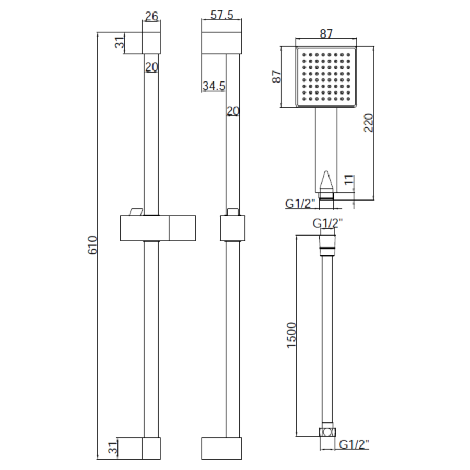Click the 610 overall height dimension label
[93, 245]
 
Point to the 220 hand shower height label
[369, 124]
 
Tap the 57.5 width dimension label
[221, 16]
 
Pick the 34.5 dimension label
[214, 86]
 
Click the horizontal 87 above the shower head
[326, 34]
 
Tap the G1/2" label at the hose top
[327, 224]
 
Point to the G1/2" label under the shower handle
[299, 204]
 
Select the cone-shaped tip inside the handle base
[326, 181]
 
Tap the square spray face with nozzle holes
[326, 77]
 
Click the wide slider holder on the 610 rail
[158, 229]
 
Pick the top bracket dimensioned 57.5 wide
[221, 43]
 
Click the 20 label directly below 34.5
[233, 111]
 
